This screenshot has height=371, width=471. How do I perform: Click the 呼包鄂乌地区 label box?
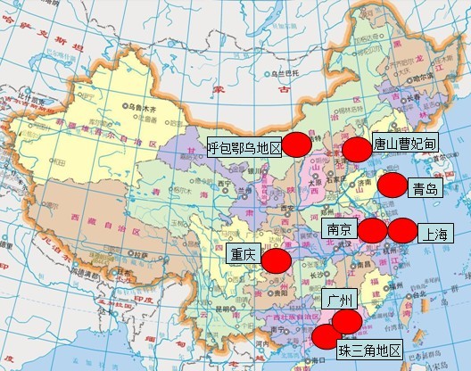click(244, 149)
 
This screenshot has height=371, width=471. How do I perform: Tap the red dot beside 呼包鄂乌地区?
click(297, 144)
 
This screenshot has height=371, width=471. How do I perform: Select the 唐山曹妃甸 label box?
click(404, 143)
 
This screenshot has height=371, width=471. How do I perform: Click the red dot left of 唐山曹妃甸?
click(357, 149)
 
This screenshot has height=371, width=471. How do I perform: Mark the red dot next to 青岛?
click(392, 185)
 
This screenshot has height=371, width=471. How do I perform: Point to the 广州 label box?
click(341, 298)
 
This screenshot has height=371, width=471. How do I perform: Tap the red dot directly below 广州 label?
click(347, 322)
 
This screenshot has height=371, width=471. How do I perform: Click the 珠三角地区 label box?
click(369, 350)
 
